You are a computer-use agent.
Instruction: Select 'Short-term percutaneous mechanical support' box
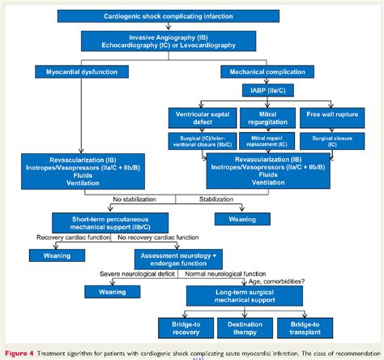[x=100, y=224]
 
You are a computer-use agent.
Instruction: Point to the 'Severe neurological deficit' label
[x=134, y=277]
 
